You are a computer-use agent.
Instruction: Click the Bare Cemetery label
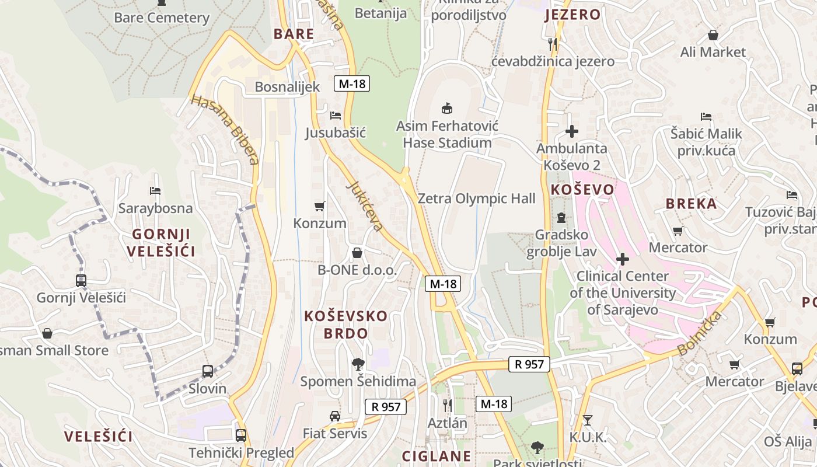(x=162, y=18)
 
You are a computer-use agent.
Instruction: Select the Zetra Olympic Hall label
(x=476, y=198)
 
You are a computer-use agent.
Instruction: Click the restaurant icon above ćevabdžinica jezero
(x=553, y=43)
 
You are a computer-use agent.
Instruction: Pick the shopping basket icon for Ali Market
(x=713, y=35)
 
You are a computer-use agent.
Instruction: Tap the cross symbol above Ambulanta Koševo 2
(x=572, y=131)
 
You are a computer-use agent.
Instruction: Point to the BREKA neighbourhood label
(x=692, y=204)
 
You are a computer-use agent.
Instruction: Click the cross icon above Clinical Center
(x=623, y=258)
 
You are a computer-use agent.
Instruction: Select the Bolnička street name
(x=700, y=333)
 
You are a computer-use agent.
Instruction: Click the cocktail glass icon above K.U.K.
(x=588, y=420)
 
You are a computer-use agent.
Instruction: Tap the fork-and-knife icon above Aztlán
(x=448, y=405)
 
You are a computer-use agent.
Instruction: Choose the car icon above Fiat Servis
(x=335, y=416)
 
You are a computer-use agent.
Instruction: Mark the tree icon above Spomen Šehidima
(x=358, y=364)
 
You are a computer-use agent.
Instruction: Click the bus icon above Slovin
(x=208, y=371)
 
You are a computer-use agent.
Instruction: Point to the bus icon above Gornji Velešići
(x=81, y=280)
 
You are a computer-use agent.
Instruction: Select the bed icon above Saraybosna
(x=155, y=190)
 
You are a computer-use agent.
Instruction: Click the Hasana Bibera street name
(x=225, y=130)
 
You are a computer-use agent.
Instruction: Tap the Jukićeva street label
(x=366, y=205)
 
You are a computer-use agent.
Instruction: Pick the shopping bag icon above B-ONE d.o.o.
(x=357, y=253)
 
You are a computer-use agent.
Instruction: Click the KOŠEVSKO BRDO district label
(x=345, y=325)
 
